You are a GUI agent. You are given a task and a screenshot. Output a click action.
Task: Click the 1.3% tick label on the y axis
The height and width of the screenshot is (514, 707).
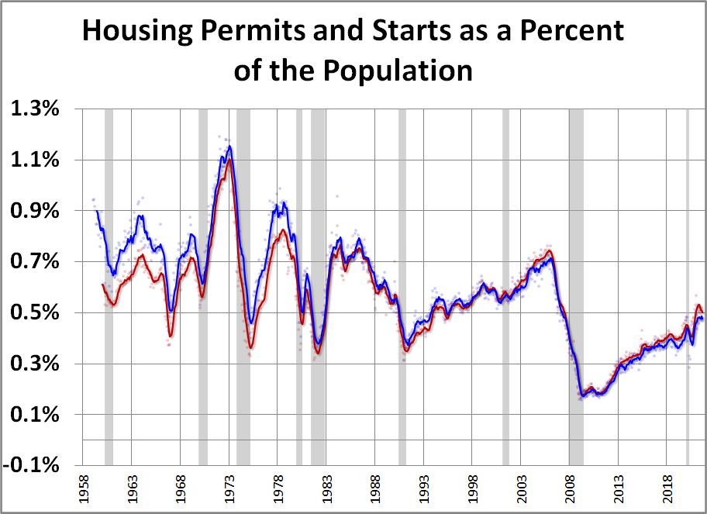click(x=35, y=109)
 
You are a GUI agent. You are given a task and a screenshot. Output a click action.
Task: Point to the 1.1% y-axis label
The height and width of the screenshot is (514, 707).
click(x=35, y=160)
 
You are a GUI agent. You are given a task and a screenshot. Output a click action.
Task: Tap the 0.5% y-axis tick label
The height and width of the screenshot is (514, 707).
click(x=35, y=313)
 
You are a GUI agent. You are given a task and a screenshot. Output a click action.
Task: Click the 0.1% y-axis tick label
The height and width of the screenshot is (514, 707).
click(x=35, y=415)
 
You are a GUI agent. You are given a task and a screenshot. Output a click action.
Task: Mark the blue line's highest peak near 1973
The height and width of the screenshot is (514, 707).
click(x=229, y=147)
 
